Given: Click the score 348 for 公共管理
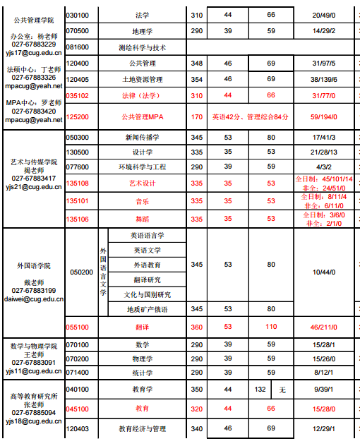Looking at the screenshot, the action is click(197, 64).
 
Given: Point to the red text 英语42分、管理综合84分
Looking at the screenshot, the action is click(251, 116).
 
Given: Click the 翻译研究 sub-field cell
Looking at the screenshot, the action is click(147, 279).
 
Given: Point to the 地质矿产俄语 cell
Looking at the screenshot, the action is click(147, 309).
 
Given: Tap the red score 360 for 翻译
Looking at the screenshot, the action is click(197, 327).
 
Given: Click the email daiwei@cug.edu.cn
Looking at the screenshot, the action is click(34, 299).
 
